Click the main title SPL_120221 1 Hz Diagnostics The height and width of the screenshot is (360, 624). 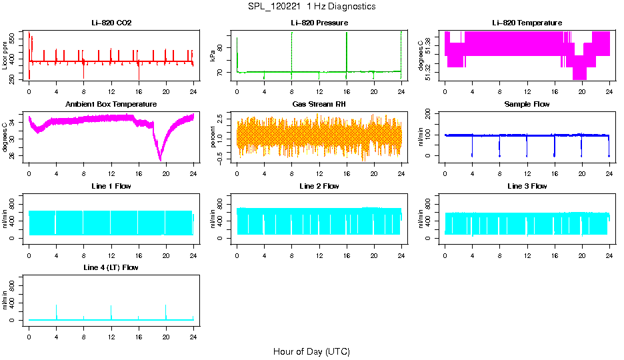311,7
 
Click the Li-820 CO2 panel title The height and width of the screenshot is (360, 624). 111,23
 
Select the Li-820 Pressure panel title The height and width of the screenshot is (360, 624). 319,23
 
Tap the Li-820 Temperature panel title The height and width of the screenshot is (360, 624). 527,23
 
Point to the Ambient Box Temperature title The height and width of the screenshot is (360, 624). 111,105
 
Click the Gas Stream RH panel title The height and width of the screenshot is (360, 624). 319,105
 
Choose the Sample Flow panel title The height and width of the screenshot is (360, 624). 527,105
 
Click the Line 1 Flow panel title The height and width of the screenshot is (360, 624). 111,186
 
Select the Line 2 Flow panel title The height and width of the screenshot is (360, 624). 319,186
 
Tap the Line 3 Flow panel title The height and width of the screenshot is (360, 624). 527,186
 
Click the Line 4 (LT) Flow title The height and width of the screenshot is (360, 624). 111,267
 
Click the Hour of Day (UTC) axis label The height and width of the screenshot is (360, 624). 311,351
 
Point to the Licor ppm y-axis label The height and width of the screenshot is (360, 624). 5,56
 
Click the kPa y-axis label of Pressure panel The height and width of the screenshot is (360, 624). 213,56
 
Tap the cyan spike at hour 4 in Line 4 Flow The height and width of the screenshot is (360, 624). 56,311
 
